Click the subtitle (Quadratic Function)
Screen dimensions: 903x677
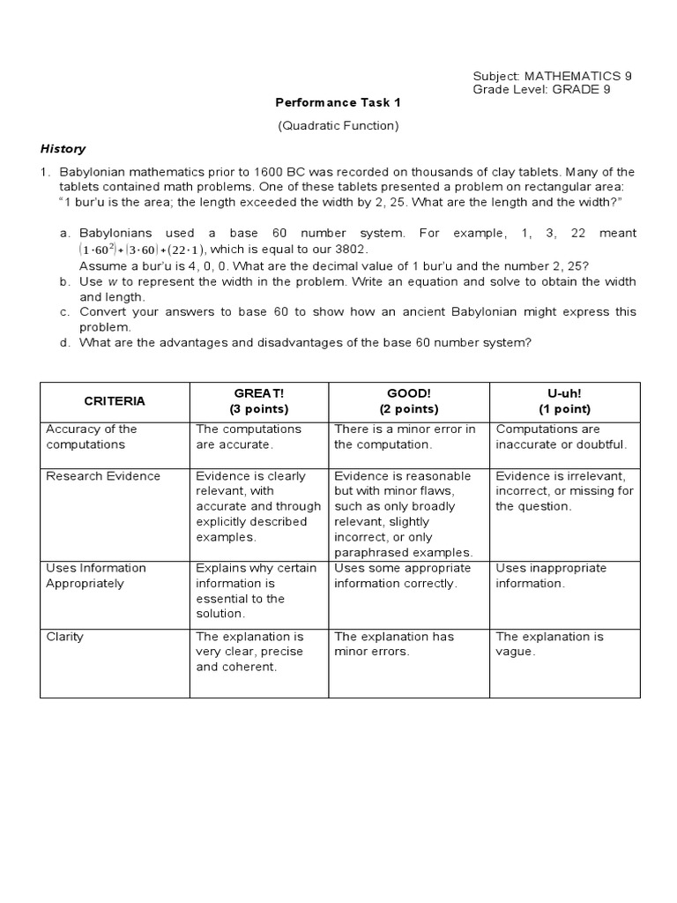point(338,125)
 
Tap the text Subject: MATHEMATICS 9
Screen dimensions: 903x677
point(552,76)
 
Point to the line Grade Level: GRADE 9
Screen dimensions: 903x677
point(541,89)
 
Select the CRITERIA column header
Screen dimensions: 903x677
point(115,401)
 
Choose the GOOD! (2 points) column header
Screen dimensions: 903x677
point(409,401)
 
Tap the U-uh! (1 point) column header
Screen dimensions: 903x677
point(564,401)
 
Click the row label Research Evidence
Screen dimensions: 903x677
point(103,476)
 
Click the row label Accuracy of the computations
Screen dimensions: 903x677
point(92,437)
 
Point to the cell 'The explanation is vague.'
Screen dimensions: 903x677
point(549,644)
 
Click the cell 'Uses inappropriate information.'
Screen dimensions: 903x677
point(551,576)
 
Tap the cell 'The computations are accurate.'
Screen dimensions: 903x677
point(249,437)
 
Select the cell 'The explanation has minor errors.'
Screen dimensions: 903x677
point(394,644)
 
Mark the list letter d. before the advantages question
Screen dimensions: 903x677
point(64,342)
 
